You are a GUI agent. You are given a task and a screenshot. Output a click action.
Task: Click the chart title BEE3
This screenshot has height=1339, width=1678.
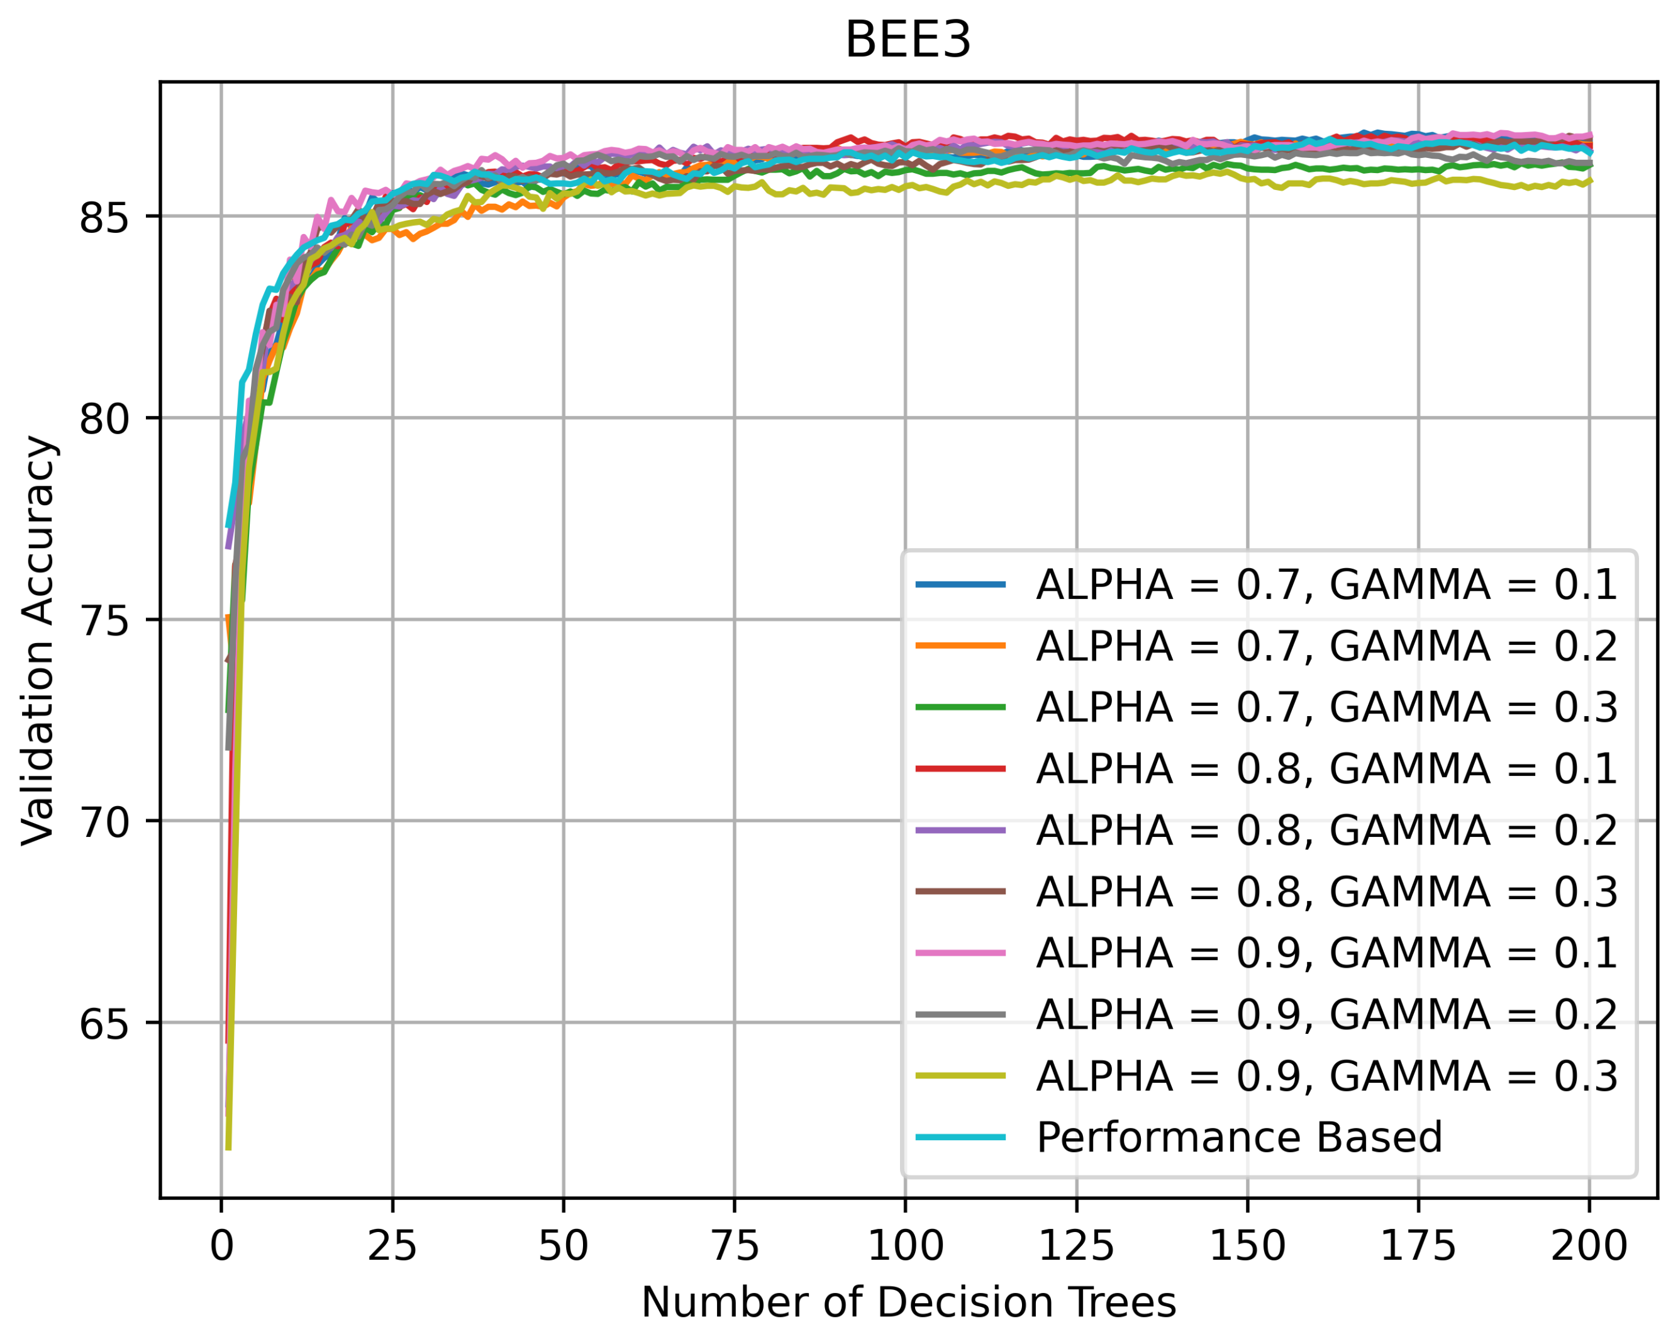908,40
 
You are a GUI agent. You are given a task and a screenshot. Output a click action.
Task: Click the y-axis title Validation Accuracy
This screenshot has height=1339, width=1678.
39,640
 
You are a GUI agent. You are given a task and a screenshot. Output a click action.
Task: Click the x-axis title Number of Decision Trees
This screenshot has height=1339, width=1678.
908,1303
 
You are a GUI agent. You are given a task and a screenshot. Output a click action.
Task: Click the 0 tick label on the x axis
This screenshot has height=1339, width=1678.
222,1247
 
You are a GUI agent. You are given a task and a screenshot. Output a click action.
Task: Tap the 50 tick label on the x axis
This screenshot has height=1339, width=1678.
564,1247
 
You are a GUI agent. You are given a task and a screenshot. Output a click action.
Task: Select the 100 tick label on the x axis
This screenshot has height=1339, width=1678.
905,1247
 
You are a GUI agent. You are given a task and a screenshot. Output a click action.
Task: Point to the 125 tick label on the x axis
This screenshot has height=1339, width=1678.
1076,1247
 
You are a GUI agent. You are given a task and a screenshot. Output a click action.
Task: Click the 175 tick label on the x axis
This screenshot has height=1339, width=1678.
1418,1247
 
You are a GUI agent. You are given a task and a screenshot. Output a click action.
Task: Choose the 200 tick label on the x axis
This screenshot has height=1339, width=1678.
1589,1247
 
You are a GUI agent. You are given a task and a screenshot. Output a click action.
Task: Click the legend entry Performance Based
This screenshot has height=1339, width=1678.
1239,1138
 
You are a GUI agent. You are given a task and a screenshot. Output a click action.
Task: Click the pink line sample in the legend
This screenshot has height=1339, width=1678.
960,953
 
